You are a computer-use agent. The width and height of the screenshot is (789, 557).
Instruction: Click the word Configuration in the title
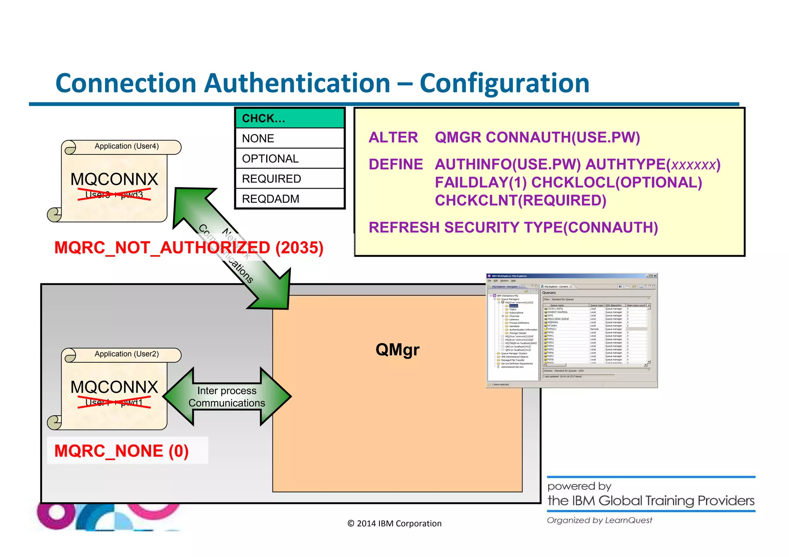pyautogui.click(x=504, y=83)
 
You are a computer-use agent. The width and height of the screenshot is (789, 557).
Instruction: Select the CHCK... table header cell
pyautogui.click(x=289, y=118)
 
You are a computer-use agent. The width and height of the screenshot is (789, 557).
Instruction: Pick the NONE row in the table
pyautogui.click(x=289, y=138)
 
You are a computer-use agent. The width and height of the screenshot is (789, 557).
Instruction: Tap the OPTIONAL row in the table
pyautogui.click(x=289, y=159)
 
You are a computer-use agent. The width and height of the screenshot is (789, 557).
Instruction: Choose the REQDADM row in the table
pyautogui.click(x=289, y=199)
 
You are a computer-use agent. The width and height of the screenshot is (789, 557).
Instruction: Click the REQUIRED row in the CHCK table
pyautogui.click(x=289, y=179)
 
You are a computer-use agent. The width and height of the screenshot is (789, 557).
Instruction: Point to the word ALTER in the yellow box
pyautogui.click(x=393, y=137)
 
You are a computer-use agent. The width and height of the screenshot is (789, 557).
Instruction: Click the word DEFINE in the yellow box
pyautogui.click(x=396, y=164)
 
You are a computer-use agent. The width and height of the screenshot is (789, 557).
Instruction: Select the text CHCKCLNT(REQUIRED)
pyautogui.click(x=520, y=200)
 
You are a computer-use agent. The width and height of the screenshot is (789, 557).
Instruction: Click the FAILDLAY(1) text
pyautogui.click(x=480, y=182)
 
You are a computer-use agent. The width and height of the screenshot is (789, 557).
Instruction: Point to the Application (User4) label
pyautogui.click(x=126, y=146)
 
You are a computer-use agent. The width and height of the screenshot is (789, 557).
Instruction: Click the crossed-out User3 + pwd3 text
pyautogui.click(x=114, y=195)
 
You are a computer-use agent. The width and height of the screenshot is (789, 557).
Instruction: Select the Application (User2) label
pyautogui.click(x=126, y=354)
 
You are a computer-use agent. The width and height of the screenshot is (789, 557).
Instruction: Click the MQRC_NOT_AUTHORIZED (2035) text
pyautogui.click(x=189, y=248)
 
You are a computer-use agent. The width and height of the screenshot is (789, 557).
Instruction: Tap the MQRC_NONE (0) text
pyautogui.click(x=121, y=451)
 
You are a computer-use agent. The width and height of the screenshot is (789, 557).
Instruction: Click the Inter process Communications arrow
pyautogui.click(x=227, y=397)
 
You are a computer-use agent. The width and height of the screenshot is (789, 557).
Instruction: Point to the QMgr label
pyautogui.click(x=397, y=350)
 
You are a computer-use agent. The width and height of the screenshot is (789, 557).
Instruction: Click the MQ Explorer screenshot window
pyautogui.click(x=571, y=330)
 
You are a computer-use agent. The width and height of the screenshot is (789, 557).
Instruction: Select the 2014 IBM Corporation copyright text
pyautogui.click(x=394, y=524)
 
